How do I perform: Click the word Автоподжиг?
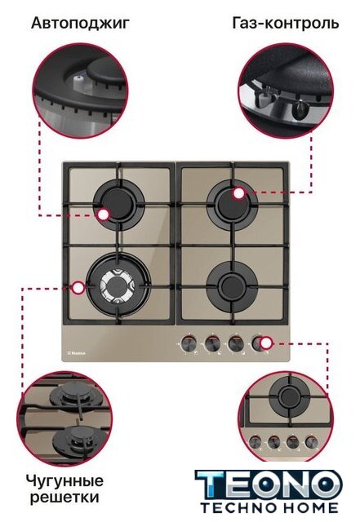click(x=80, y=24)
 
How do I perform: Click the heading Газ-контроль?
click(x=286, y=24)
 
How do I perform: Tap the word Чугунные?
click(x=64, y=481)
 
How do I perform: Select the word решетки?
click(x=64, y=498)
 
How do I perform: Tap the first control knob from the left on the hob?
click(x=189, y=343)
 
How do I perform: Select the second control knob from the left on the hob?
click(x=212, y=343)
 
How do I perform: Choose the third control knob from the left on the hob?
click(x=235, y=343)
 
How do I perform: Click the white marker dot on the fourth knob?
click(x=266, y=343)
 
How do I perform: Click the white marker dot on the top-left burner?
click(x=104, y=215)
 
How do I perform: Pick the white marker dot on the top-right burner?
click(x=238, y=193)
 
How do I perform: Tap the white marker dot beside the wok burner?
click(x=78, y=288)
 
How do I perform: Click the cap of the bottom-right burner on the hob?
click(x=232, y=285)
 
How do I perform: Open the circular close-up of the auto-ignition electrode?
click(x=80, y=89)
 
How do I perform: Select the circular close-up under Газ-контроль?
click(x=286, y=89)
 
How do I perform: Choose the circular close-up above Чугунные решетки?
click(x=64, y=418)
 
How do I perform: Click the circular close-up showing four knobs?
click(x=286, y=418)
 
